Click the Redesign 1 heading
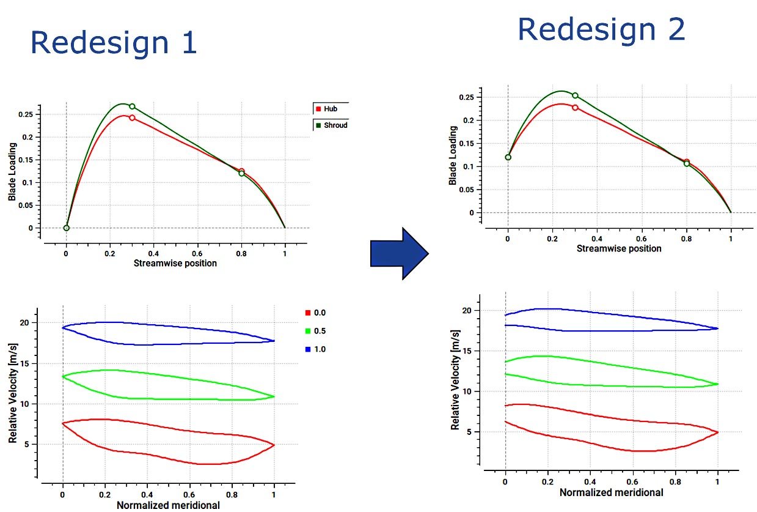point(114,43)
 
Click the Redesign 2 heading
point(601,29)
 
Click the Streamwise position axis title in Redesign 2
point(619,248)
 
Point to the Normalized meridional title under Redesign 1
point(168,505)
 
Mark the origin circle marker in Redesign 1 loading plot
point(66,228)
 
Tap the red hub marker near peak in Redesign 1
point(132,117)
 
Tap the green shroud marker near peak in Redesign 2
point(575,95)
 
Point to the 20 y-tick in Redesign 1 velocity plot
point(24,322)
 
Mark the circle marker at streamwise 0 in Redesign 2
point(508,157)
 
